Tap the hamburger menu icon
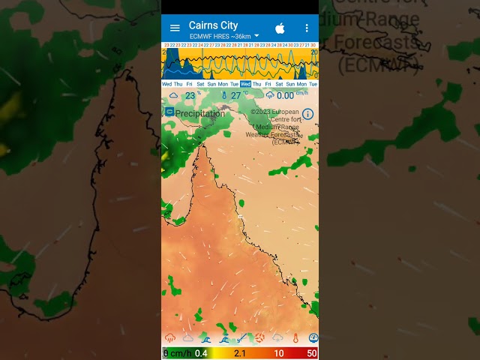175,28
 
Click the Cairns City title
213,25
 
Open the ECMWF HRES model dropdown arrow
256,35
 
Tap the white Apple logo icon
280,28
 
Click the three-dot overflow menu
306,28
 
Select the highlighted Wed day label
245,84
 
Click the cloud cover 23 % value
190,95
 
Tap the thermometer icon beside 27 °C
223,95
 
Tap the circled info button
307,114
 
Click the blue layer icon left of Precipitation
169,112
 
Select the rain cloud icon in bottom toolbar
170,338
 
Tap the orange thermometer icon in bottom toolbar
295,338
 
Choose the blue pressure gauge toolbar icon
313,338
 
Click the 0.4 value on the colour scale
201,353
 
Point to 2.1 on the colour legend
240,353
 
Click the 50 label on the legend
311,353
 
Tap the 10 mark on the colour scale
278,353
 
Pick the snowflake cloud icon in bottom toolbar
277,338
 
